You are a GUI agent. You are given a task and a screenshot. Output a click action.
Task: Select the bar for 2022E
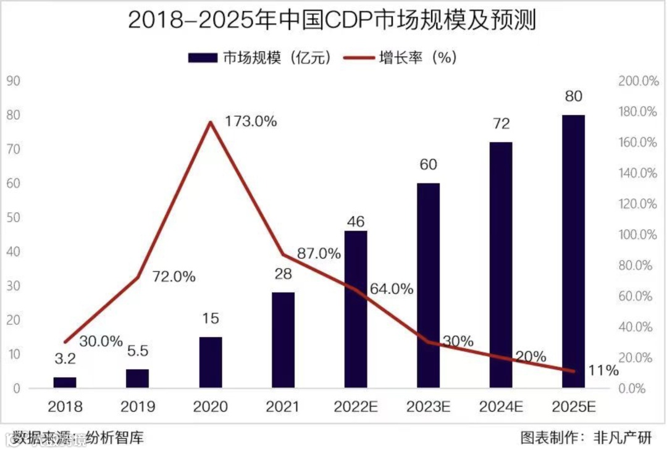pyautogui.click(x=356, y=309)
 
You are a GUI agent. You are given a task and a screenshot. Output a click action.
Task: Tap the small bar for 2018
pyautogui.click(x=65, y=382)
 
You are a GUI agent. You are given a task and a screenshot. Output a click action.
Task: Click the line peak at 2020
pyautogui.click(x=211, y=122)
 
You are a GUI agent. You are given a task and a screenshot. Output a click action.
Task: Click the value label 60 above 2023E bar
pyautogui.click(x=428, y=165)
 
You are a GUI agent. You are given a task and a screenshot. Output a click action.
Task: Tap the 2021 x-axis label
pyautogui.click(x=283, y=407)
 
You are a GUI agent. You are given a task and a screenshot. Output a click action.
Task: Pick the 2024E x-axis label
pyautogui.click(x=501, y=407)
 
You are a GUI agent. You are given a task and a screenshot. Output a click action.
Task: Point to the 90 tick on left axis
pyautogui.click(x=14, y=81)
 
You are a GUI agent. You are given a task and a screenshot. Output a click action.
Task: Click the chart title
pyautogui.click(x=332, y=21)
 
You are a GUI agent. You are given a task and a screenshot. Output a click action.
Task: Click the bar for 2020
pyautogui.click(x=211, y=362)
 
